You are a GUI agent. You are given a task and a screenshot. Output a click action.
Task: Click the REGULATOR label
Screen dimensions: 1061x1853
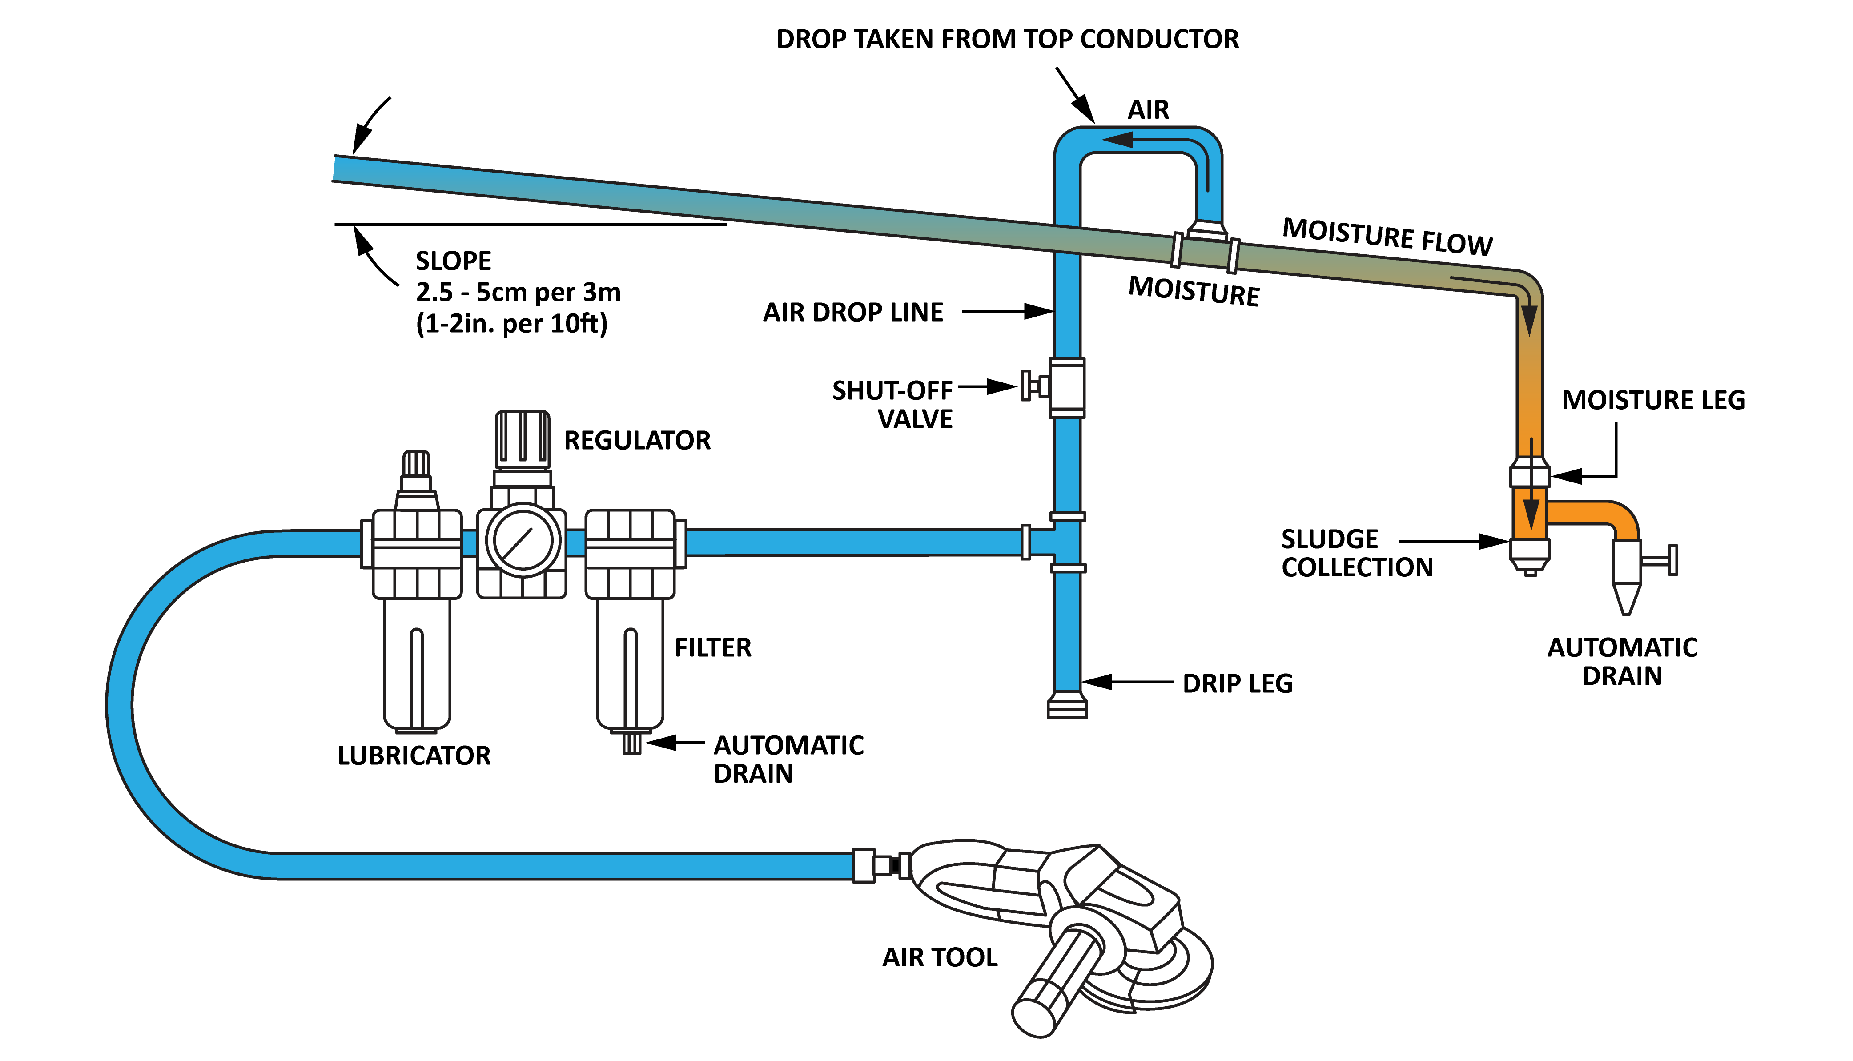coord(637,440)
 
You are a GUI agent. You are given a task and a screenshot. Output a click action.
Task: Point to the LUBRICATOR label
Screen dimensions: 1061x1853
coord(414,756)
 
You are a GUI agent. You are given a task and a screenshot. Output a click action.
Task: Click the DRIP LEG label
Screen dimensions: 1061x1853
coord(1237,683)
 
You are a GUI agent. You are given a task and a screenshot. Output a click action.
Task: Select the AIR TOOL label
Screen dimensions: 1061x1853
coord(940,957)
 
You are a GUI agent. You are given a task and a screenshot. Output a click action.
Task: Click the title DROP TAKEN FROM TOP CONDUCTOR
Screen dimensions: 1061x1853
coord(1007,39)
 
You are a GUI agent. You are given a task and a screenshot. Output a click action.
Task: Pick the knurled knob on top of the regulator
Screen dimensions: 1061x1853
coord(523,439)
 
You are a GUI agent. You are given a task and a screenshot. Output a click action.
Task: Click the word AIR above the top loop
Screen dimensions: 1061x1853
coord(1148,110)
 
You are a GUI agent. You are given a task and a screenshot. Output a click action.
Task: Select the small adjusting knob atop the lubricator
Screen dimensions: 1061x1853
coord(416,463)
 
